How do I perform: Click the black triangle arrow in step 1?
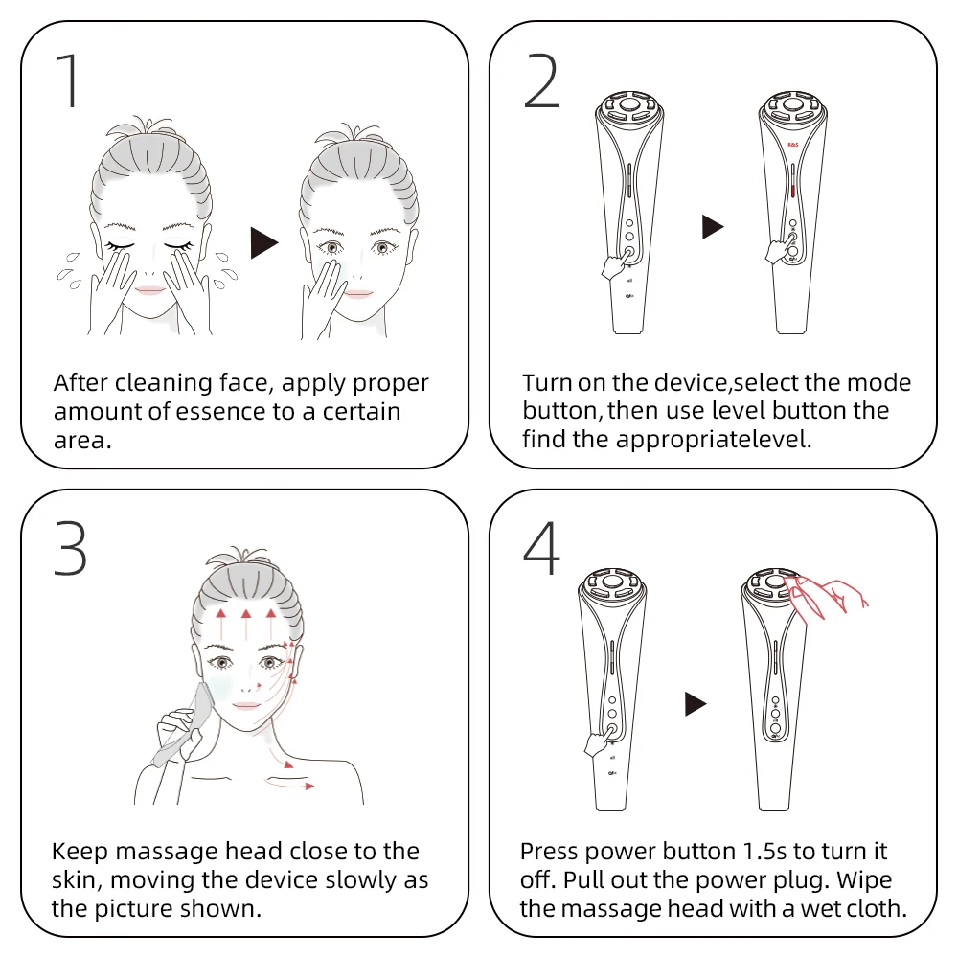(263, 243)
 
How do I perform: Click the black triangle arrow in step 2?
(712, 227)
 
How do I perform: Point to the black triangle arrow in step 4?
(696, 705)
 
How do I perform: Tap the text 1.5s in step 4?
(776, 851)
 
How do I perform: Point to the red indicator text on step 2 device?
(792, 146)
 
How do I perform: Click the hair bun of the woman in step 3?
(233, 562)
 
